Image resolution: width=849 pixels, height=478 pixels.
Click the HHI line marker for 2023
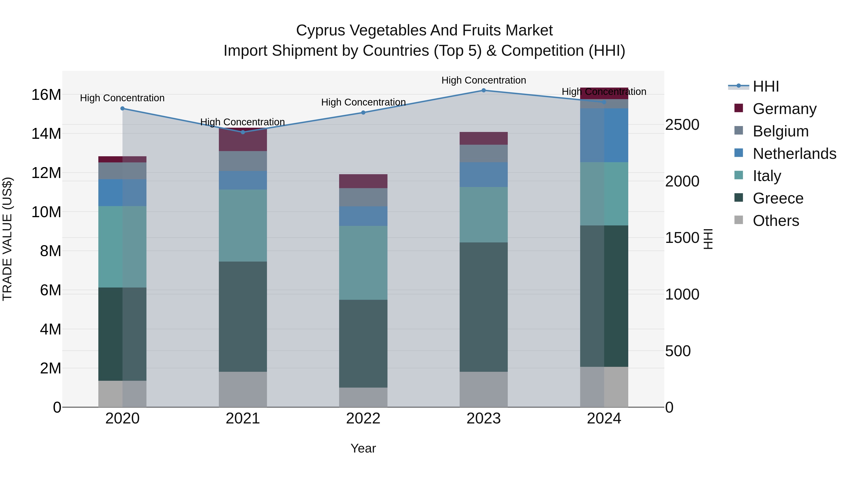(x=483, y=90)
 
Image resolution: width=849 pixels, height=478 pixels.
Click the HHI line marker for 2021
(x=243, y=132)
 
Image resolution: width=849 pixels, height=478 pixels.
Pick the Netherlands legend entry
(x=794, y=154)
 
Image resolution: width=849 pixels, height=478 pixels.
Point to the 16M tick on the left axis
(x=46, y=95)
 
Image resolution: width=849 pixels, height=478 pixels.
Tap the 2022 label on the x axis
(x=363, y=419)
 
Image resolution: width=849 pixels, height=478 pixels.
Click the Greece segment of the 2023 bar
(x=483, y=307)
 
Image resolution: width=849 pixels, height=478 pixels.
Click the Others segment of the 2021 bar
(x=243, y=389)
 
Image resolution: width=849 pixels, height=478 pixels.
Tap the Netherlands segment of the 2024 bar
(x=604, y=135)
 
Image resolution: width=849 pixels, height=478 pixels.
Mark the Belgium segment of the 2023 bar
(x=483, y=153)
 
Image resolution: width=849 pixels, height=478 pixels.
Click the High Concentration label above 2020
(x=122, y=98)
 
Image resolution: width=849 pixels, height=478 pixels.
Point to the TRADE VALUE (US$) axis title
(x=7, y=239)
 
